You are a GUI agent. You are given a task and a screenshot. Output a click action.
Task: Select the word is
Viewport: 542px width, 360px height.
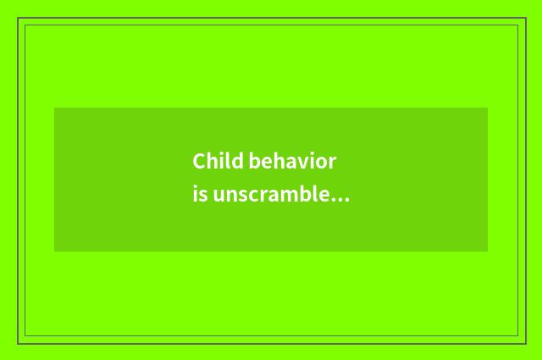[x=200, y=196]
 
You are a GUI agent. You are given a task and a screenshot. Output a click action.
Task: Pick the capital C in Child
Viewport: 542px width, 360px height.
[x=199, y=161]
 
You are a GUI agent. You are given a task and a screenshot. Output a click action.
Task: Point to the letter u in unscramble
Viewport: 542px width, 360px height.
[x=219, y=197]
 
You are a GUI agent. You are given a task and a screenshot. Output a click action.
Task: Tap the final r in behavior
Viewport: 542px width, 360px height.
[x=333, y=163]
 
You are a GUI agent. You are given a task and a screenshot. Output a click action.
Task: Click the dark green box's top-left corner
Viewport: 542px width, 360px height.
[x=54, y=108]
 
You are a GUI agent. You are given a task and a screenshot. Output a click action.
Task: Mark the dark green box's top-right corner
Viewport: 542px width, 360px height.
[x=488, y=108]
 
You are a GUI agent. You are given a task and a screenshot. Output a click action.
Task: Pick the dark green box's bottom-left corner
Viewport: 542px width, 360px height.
[x=54, y=252]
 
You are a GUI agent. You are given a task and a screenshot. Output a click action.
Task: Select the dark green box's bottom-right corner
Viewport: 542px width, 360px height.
[x=488, y=252]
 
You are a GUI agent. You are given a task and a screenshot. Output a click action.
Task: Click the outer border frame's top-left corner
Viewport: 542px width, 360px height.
[x=18, y=18]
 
